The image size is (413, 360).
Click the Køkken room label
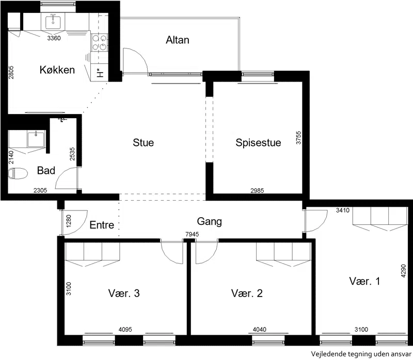coord(57,70)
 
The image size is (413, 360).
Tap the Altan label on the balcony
coord(178,40)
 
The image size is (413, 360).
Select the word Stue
coord(144,142)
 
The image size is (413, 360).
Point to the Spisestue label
coord(258,143)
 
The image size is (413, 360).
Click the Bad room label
coord(46,170)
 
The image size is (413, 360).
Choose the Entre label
coord(102,225)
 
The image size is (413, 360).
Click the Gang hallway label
coord(210,222)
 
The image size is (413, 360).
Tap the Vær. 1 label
coord(364,281)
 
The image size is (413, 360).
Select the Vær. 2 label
coord(247,293)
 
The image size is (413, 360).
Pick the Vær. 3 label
coord(124,293)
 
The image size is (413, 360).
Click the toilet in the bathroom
coord(18,174)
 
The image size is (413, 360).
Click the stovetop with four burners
coord(100,43)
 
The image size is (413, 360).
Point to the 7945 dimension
coord(192,234)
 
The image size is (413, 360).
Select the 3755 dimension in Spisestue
coord(298,138)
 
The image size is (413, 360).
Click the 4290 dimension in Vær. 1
coord(403,271)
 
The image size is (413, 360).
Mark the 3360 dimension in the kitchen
coord(54,38)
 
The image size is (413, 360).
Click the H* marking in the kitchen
coord(100,73)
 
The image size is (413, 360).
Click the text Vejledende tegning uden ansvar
coord(361,354)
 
